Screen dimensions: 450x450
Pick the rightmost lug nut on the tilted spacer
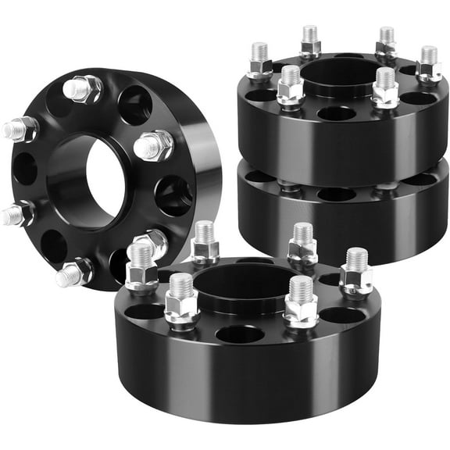click(155, 145)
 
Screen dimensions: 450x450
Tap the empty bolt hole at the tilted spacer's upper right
click(134, 105)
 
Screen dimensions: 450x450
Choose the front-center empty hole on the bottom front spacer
click(240, 334)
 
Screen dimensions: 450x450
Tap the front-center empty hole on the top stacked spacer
click(337, 113)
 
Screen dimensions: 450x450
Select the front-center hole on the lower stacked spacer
click(337, 195)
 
